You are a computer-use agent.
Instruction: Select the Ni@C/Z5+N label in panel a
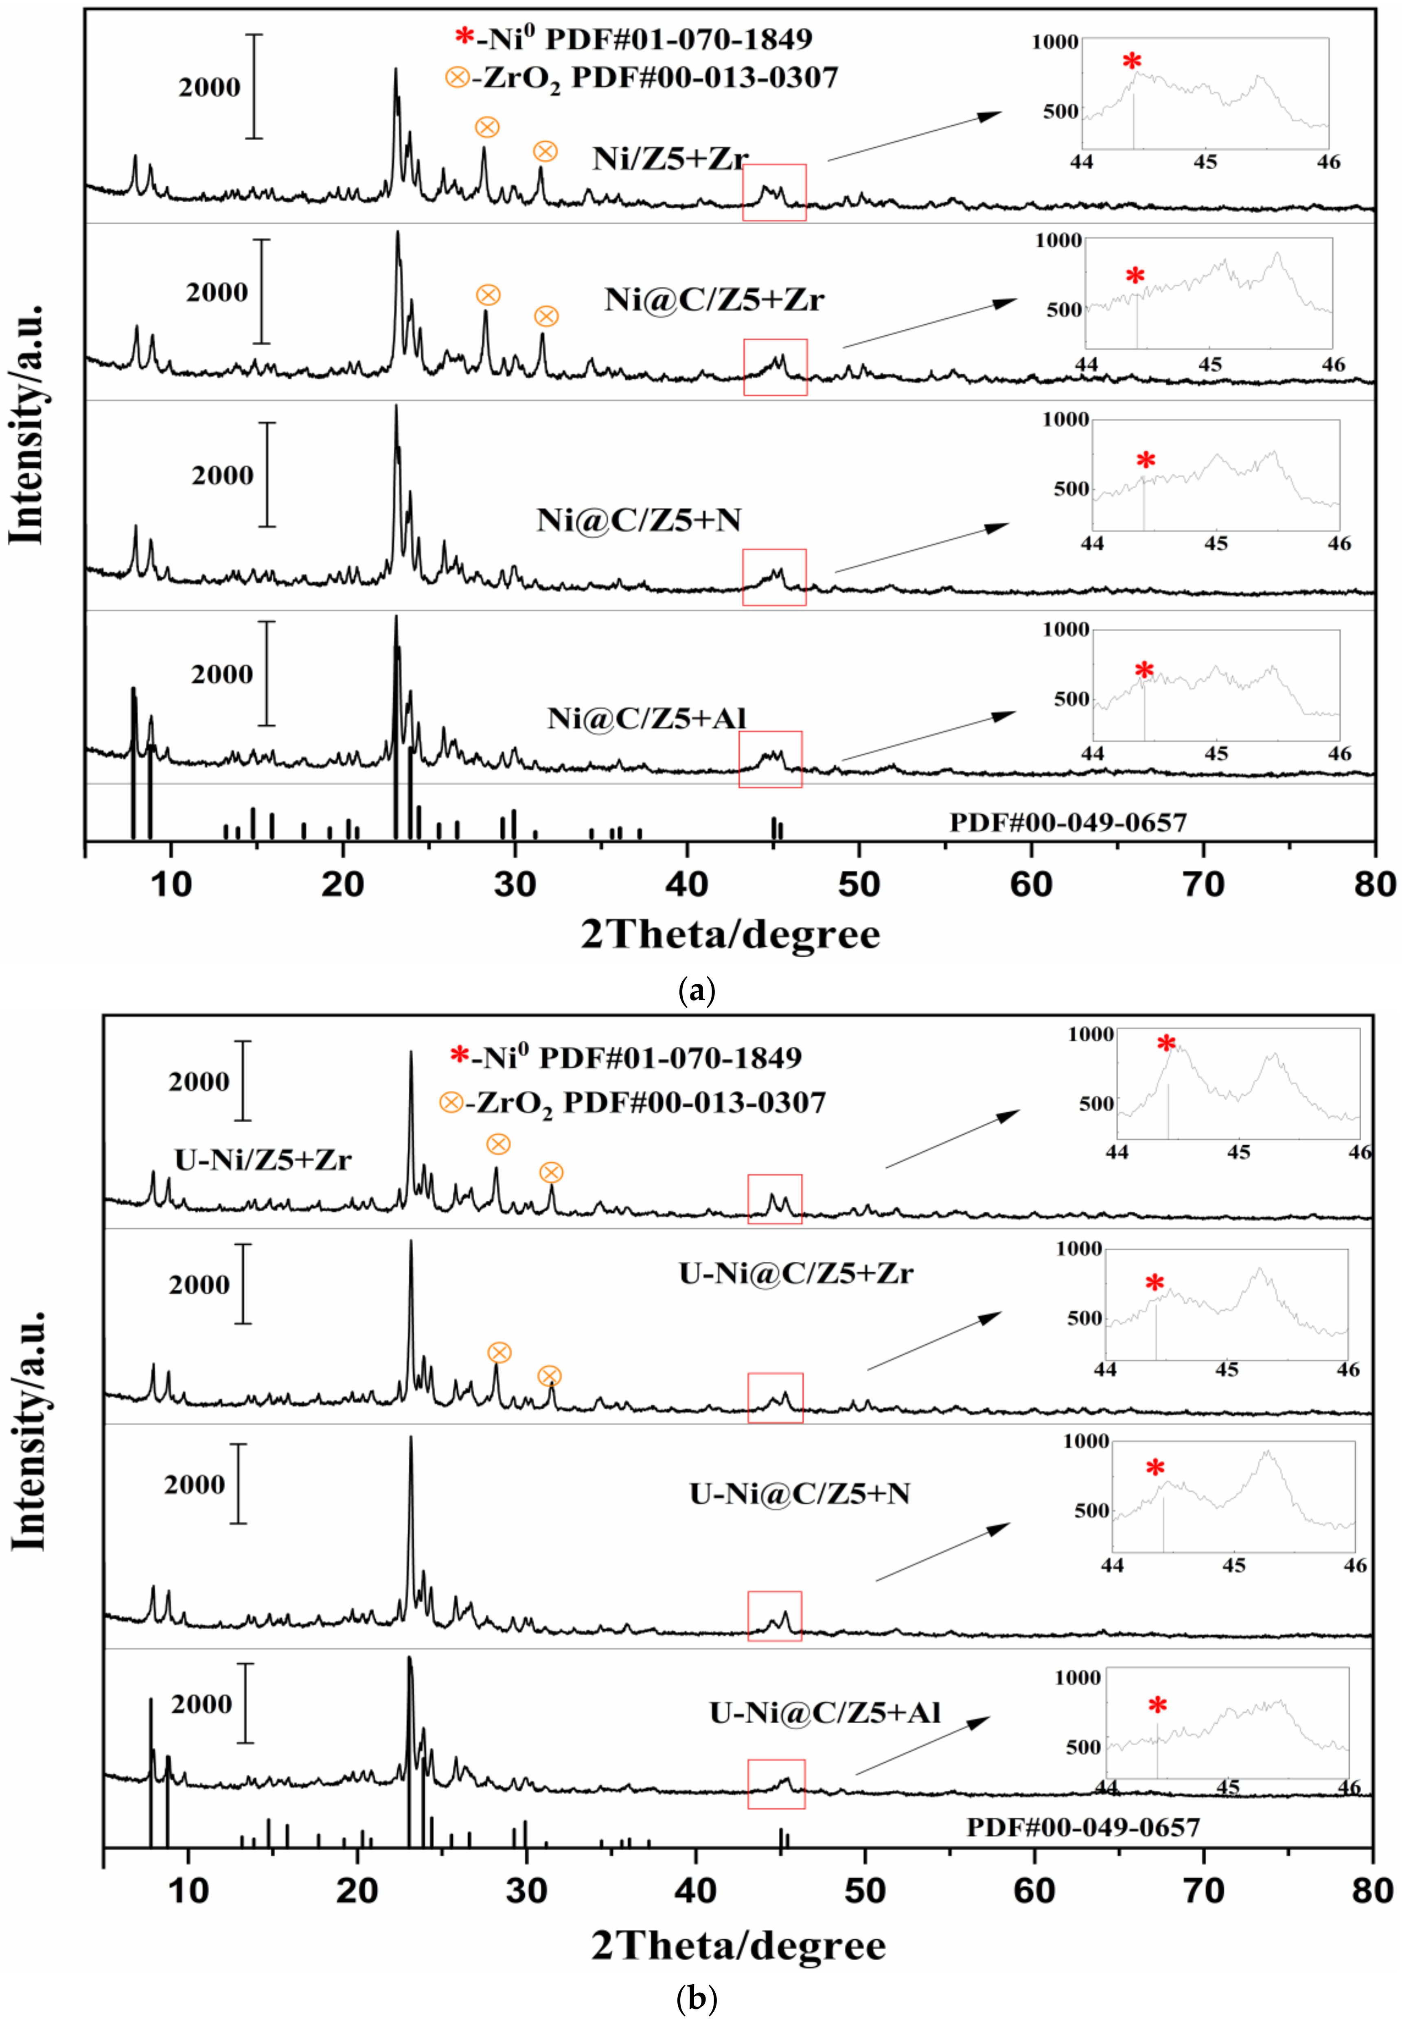tap(639, 521)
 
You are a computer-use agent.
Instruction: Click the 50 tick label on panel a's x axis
tap(858, 884)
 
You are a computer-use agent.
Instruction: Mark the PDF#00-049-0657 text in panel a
tap(1067, 823)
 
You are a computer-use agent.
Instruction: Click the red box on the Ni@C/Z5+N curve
tap(774, 577)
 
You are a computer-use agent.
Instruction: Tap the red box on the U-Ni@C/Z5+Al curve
tap(775, 1784)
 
